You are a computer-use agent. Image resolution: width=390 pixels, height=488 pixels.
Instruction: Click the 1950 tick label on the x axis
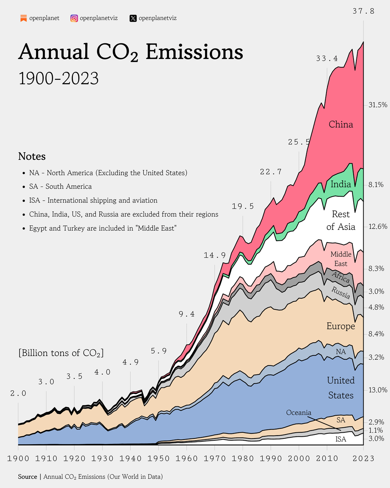coord(159,459)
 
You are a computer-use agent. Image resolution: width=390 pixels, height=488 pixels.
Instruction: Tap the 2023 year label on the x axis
coord(363,459)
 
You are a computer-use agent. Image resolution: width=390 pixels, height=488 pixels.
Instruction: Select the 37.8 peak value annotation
coord(363,11)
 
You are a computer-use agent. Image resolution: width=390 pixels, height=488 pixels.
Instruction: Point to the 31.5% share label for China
coord(378,105)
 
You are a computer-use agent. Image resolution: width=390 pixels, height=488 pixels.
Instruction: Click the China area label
coord(341,124)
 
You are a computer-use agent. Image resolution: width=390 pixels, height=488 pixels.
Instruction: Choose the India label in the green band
coord(341,184)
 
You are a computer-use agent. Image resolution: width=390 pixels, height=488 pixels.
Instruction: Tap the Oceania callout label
coord(298,412)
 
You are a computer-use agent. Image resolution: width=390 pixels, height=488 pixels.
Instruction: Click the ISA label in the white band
coord(341,439)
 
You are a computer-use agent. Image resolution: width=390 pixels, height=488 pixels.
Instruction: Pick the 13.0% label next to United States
coord(378,390)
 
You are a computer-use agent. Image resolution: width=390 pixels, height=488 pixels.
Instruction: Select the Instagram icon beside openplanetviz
coord(74,18)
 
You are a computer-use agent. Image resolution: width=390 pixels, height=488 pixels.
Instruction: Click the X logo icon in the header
coord(133,18)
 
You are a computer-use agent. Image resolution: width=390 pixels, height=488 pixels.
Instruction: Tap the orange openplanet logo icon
coord(23,18)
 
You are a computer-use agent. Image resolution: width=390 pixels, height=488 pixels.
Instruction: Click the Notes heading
coord(32,156)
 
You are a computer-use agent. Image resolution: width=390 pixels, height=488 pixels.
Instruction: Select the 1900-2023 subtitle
coord(58,78)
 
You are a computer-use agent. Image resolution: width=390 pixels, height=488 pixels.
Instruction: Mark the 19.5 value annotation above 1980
coord(243,206)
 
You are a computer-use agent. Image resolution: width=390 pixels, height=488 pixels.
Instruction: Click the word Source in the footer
coord(27,476)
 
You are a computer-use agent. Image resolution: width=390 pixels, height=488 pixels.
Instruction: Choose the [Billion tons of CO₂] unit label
coord(61,353)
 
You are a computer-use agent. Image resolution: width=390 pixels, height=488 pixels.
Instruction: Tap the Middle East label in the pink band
coord(341,259)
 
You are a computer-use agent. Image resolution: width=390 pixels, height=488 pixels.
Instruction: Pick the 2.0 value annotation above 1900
coord(18,394)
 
